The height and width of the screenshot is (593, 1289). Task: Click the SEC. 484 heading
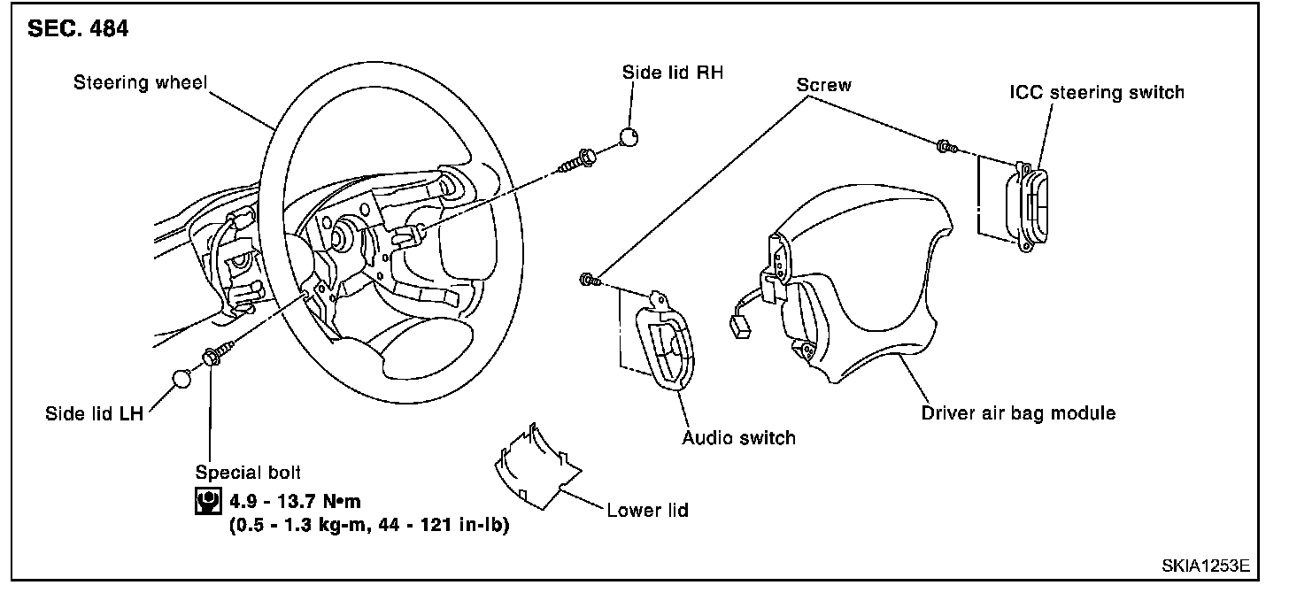pos(79,29)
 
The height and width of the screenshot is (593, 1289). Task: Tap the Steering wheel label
pos(140,84)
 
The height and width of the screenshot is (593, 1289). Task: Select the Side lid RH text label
pos(673,73)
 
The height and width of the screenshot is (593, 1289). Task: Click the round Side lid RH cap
pos(629,136)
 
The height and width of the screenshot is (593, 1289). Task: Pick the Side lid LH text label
pos(94,413)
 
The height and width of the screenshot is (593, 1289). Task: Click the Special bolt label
pos(248,474)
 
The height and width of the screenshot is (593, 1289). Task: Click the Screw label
pos(823,85)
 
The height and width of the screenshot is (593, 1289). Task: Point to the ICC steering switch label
pos(1097,92)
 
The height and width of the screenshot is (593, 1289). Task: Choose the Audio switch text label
pos(738,437)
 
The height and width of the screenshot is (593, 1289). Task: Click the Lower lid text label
pos(647,511)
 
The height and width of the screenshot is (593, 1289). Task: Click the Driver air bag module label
pos(1018,413)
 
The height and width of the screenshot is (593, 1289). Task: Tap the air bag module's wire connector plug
pos(739,329)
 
